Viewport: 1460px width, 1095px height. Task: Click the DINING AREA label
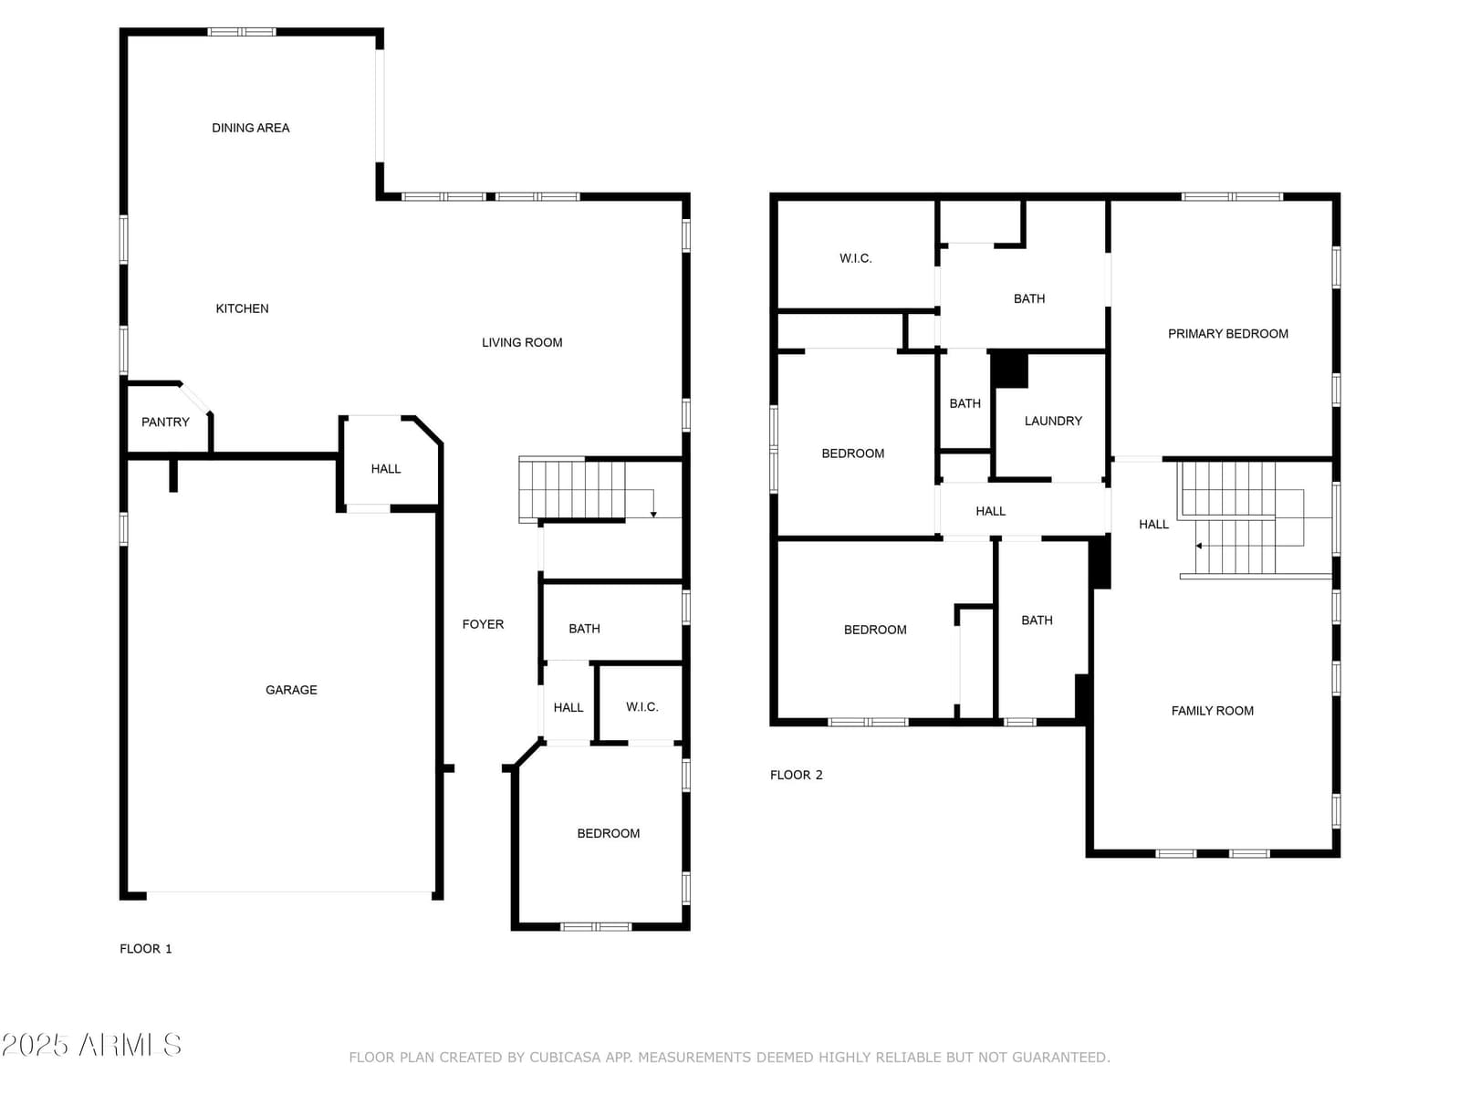(x=250, y=128)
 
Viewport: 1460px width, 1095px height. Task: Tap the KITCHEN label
(x=242, y=308)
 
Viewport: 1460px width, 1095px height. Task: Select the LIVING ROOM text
(x=521, y=342)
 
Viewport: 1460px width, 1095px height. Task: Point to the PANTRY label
(x=165, y=422)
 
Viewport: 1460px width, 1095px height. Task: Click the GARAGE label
(x=291, y=690)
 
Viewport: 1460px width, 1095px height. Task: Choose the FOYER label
(x=483, y=624)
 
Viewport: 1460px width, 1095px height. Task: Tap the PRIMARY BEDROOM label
(x=1227, y=334)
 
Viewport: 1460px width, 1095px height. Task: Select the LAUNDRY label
(x=1052, y=421)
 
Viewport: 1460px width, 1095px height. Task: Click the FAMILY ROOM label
(x=1212, y=711)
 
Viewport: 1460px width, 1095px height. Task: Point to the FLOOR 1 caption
(x=146, y=949)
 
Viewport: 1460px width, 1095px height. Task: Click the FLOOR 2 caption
(x=796, y=775)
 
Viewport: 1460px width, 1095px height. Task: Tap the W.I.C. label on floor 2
(x=855, y=258)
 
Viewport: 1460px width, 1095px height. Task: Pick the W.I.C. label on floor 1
(x=641, y=706)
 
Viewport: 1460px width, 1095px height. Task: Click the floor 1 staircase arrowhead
(x=653, y=514)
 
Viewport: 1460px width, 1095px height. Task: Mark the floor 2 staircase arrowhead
(x=1198, y=546)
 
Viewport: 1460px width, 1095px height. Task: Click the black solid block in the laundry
(x=1009, y=370)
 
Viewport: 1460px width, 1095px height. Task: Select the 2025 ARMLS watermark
(x=91, y=1045)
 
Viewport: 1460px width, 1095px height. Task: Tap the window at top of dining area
(x=242, y=32)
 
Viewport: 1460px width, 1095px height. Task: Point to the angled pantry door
(x=195, y=398)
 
